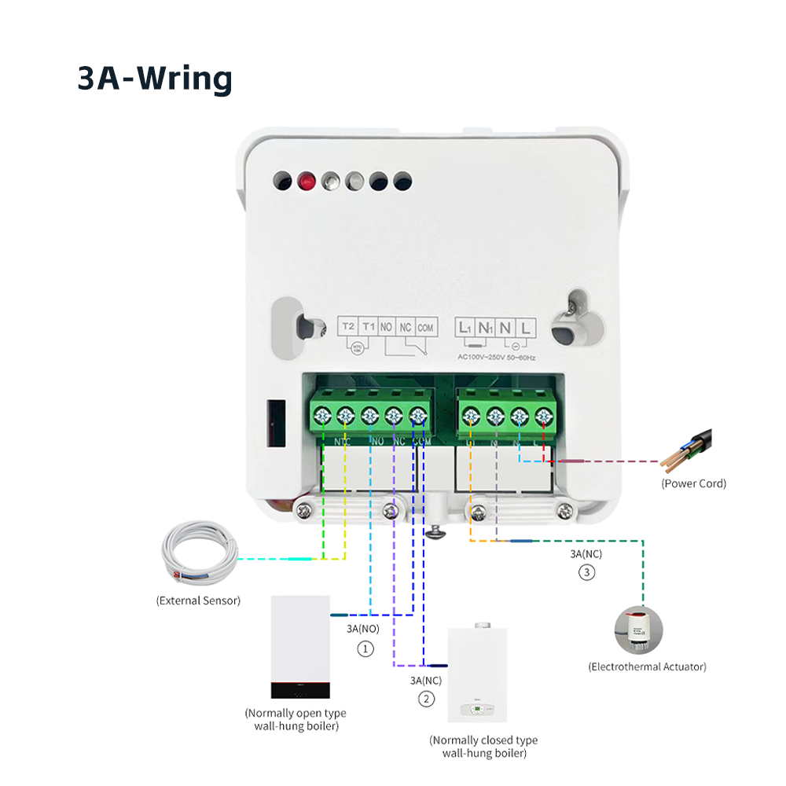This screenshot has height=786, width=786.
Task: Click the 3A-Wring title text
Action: click(155, 79)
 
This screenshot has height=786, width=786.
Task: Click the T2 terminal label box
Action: click(348, 326)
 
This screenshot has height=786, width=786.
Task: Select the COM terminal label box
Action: click(425, 326)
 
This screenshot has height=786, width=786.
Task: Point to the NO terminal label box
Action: click(386, 326)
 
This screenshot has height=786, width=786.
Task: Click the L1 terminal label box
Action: click(465, 326)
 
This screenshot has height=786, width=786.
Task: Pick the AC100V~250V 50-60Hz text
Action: click(497, 357)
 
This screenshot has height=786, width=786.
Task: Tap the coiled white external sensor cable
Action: click(196, 556)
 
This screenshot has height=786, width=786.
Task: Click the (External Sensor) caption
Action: click(198, 601)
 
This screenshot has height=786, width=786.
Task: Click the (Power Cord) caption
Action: click(693, 483)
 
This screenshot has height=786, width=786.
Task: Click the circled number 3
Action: click(586, 573)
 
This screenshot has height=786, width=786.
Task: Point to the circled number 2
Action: click(425, 699)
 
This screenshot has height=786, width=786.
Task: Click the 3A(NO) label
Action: click(362, 629)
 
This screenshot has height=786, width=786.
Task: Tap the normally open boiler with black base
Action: click(299, 647)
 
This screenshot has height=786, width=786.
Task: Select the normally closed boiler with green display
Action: click(477, 675)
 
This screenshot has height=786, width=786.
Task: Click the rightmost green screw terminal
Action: click(542, 415)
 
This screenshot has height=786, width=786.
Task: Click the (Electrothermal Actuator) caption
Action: click(647, 667)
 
